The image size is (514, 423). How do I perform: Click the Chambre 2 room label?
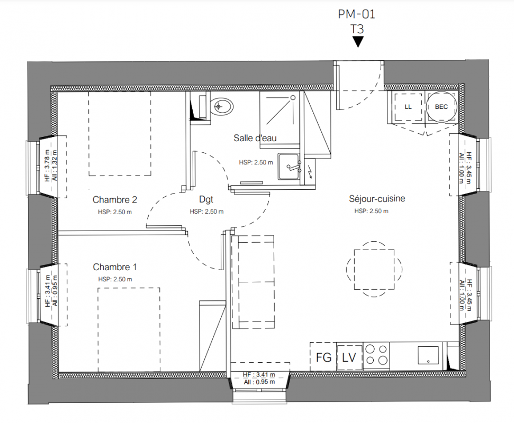pyautogui.click(x=115, y=199)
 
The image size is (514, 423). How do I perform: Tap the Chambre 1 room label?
pyautogui.click(x=115, y=267)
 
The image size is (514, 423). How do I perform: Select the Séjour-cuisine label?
pyautogui.click(x=377, y=198)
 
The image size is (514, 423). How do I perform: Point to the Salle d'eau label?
pyautogui.click(x=255, y=138)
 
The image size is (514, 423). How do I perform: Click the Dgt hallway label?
pyautogui.click(x=206, y=199)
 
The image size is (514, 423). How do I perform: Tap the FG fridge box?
pyautogui.click(x=323, y=356)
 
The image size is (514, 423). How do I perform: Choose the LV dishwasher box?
pyautogui.click(x=350, y=357)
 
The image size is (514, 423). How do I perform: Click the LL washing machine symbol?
pyautogui.click(x=408, y=107)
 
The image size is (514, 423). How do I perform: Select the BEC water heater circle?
pyautogui.click(x=441, y=107)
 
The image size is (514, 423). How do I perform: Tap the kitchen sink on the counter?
pyautogui.click(x=428, y=355)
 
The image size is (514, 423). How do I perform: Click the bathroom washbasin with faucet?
pyautogui.click(x=288, y=167)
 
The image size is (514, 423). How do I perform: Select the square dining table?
pyautogui.click(x=374, y=269)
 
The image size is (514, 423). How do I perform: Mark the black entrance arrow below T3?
pyautogui.click(x=358, y=42)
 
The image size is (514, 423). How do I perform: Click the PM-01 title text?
pyautogui.click(x=356, y=14)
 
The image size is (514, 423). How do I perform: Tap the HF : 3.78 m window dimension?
pyautogui.click(x=48, y=165)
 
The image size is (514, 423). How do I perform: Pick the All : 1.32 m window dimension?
pyautogui.click(x=55, y=165)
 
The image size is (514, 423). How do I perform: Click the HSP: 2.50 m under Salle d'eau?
pyautogui.click(x=256, y=162)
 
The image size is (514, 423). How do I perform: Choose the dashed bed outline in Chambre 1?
pyautogui.click(x=129, y=330)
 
